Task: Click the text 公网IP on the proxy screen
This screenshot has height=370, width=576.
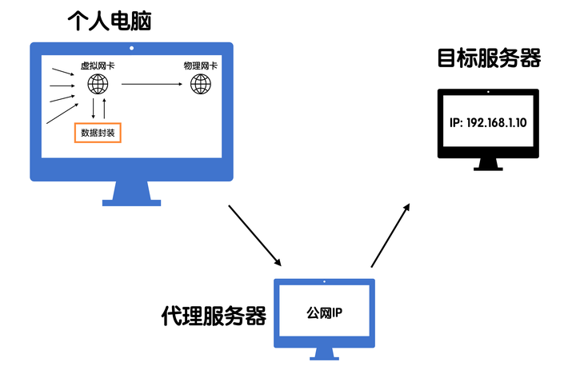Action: tap(324, 312)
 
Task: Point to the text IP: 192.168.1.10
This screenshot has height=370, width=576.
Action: tap(488, 123)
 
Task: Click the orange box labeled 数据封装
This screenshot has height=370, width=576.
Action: tap(98, 132)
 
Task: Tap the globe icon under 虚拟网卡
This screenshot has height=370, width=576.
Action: tap(98, 84)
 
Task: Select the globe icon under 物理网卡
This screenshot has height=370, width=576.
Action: tap(200, 84)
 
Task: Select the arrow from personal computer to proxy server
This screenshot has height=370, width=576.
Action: tap(255, 236)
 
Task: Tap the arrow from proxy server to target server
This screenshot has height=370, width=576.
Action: tap(390, 234)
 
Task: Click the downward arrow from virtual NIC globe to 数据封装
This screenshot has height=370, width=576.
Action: tap(93, 109)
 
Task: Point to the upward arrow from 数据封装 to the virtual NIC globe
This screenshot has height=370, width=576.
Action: tap(104, 109)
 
